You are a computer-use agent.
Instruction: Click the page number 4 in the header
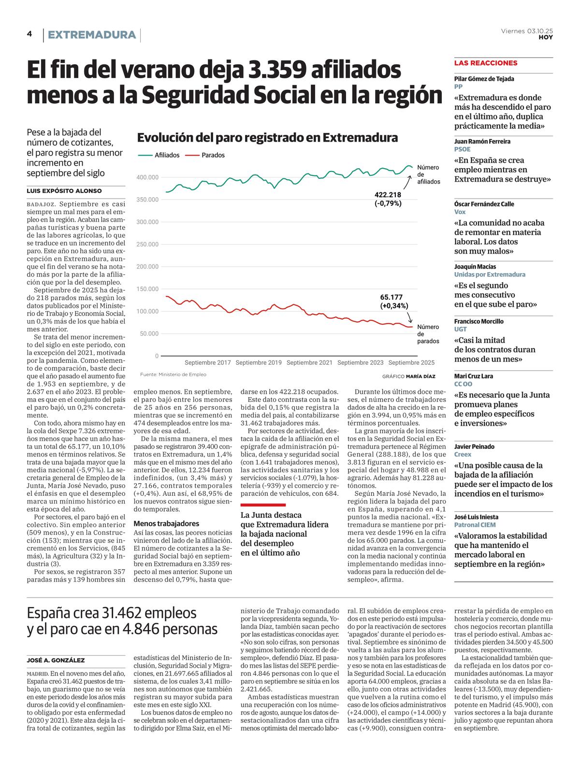tap(29, 34)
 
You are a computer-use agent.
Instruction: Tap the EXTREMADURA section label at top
tap(92, 35)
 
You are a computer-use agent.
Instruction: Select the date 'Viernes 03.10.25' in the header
tap(527, 31)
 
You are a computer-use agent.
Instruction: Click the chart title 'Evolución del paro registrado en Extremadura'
tap(267, 138)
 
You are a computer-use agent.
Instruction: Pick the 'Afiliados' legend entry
tap(167, 155)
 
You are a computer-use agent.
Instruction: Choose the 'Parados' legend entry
tap(213, 155)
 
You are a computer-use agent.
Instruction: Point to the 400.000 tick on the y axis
tap(147, 177)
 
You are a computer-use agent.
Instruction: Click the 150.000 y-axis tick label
tap(147, 289)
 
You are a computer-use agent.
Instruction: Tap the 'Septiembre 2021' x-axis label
tap(309, 362)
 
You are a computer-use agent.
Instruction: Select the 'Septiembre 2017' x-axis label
tap(208, 362)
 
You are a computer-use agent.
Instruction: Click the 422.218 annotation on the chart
tap(388, 195)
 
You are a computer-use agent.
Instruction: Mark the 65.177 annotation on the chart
tap(391, 297)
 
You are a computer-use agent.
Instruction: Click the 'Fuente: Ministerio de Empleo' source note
tap(173, 374)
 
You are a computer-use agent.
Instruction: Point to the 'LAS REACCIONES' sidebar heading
tap(486, 63)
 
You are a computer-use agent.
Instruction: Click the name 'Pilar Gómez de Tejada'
tap(484, 79)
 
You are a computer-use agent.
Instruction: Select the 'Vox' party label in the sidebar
tap(460, 212)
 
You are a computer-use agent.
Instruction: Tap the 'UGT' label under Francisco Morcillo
tap(460, 329)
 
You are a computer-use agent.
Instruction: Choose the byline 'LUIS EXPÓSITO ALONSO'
tap(64, 191)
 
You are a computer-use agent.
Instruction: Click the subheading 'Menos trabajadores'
tap(166, 523)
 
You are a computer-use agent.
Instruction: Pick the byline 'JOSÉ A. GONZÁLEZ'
tap(56, 660)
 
